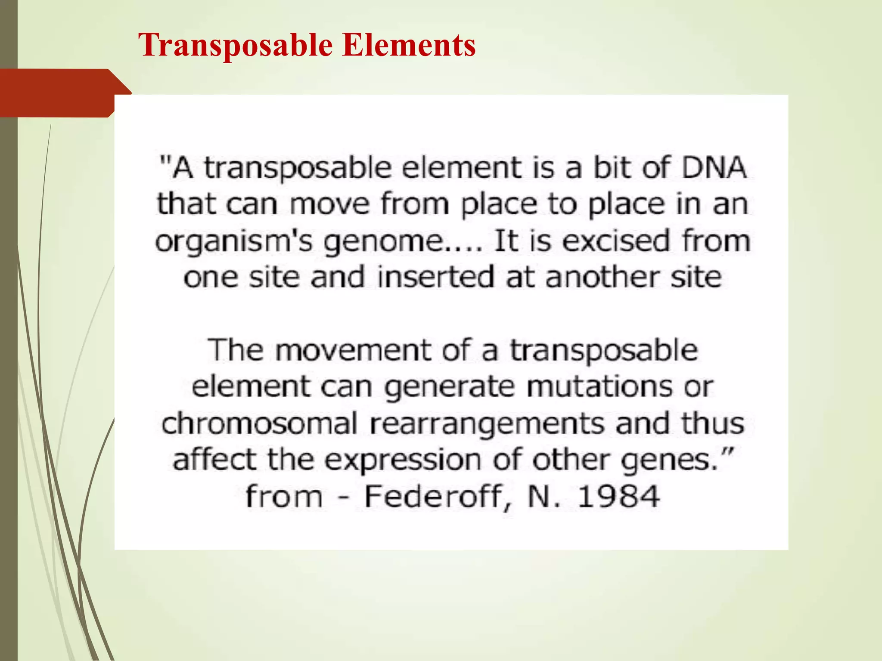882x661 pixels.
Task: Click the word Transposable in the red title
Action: coord(236,45)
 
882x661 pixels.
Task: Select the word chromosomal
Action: coord(259,423)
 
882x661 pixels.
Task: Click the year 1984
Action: coord(618,497)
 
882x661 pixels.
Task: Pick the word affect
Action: coord(214,460)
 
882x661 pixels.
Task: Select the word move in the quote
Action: coord(329,204)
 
